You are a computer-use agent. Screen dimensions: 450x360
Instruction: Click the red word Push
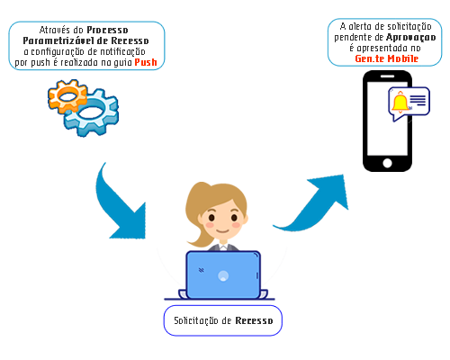(x=146, y=62)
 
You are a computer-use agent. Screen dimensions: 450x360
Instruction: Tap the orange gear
(x=67, y=96)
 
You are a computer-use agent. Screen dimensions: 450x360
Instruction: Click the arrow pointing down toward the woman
(x=120, y=204)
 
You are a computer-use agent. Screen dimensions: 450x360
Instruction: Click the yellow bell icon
(x=400, y=103)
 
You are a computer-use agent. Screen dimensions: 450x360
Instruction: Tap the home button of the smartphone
(x=387, y=163)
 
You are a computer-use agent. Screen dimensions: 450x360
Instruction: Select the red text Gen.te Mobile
(x=387, y=58)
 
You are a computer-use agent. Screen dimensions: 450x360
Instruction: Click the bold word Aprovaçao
(x=411, y=38)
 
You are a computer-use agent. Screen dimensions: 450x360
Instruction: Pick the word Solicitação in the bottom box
(x=196, y=320)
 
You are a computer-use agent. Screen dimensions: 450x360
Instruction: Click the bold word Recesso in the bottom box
(x=254, y=320)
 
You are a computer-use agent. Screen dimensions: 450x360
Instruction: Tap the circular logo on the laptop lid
(x=223, y=275)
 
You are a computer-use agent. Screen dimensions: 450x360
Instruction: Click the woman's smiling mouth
(x=223, y=231)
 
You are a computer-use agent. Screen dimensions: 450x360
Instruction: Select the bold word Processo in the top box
(x=107, y=30)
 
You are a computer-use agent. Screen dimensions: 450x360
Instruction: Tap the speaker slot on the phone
(x=387, y=76)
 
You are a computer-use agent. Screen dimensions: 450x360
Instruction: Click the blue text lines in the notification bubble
(x=418, y=100)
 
